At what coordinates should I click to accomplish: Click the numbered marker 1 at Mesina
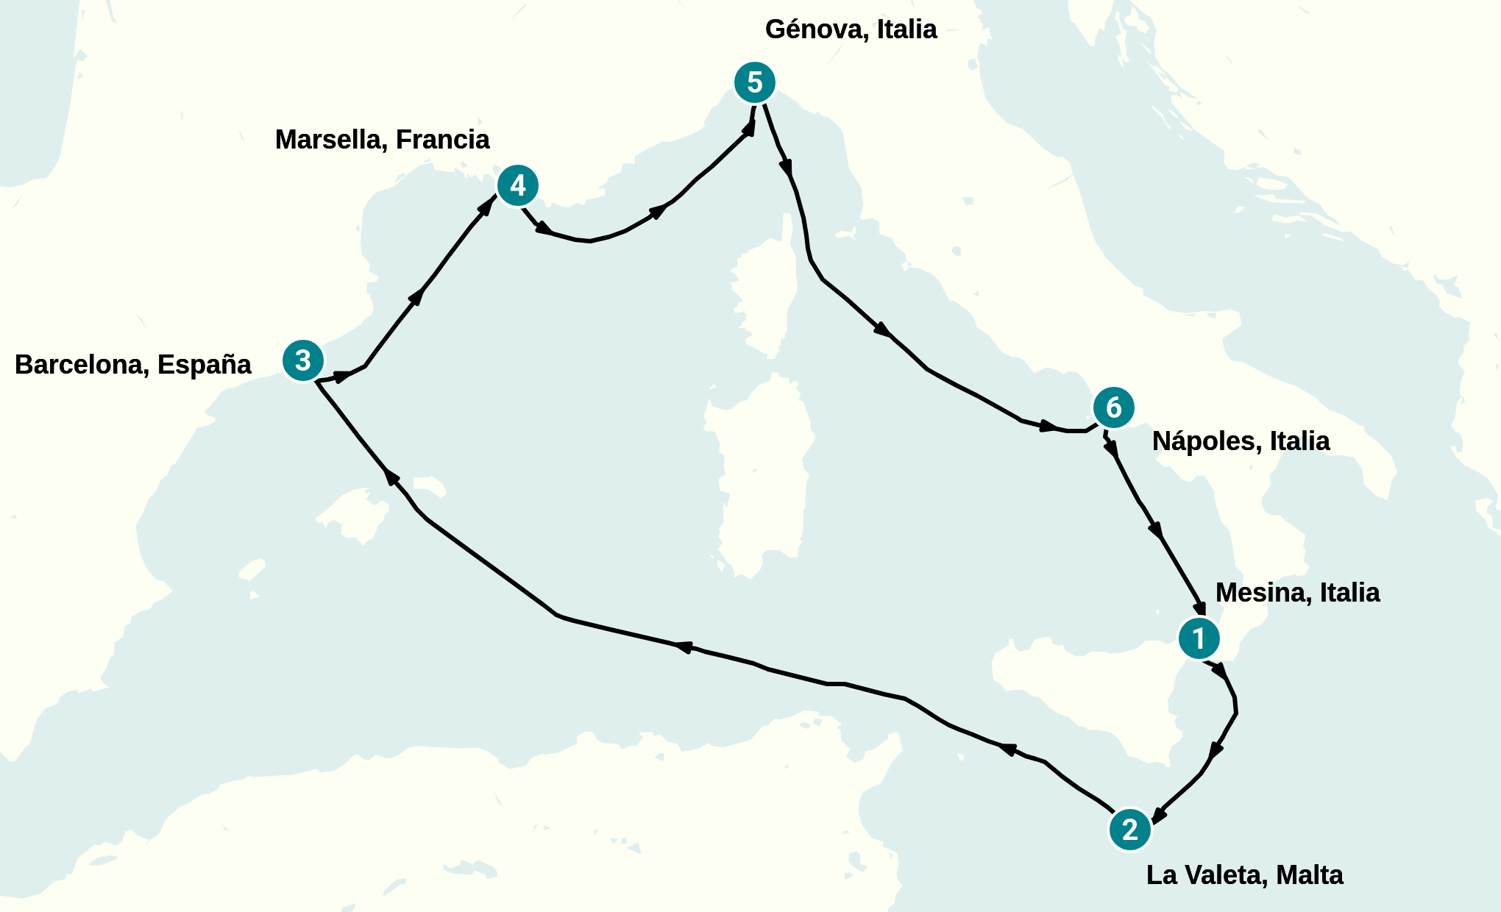(x=1199, y=638)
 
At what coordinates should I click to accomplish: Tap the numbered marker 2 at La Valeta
(x=1129, y=830)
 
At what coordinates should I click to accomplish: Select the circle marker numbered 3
(x=303, y=360)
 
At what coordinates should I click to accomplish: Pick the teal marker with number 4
(x=518, y=185)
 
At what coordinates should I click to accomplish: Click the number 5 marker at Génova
(x=755, y=82)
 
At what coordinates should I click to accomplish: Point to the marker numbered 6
(x=1113, y=407)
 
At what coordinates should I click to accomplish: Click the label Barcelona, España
(x=133, y=365)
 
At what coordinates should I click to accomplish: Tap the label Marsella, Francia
(x=382, y=140)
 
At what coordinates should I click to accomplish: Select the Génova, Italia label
(x=851, y=29)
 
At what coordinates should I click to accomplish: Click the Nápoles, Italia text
(x=1241, y=441)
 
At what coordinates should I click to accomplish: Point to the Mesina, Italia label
(x=1297, y=593)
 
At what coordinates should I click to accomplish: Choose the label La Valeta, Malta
(x=1244, y=875)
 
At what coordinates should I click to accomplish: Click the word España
(x=204, y=365)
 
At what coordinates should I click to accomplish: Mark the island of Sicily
(x=1089, y=691)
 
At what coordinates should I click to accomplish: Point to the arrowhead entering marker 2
(x=1158, y=815)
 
